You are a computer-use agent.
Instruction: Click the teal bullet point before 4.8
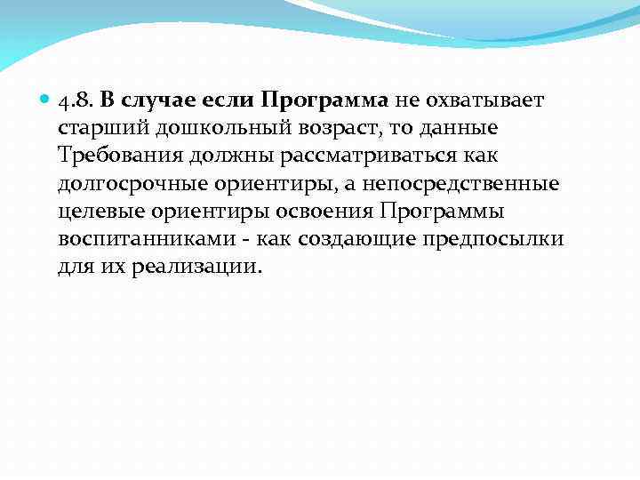coord(46,99)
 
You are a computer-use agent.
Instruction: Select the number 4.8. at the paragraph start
coord(77,99)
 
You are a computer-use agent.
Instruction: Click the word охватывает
coord(484,99)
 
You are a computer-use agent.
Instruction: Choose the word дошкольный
coord(206,127)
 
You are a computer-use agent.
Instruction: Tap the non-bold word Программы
coord(443,212)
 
